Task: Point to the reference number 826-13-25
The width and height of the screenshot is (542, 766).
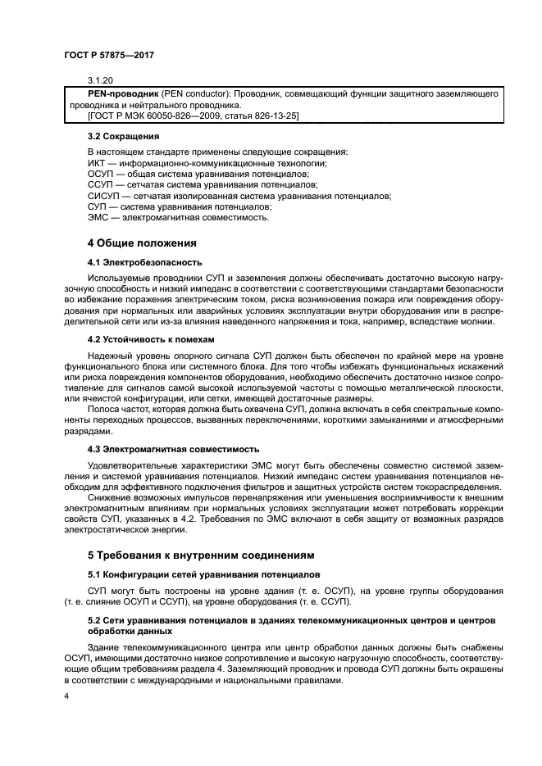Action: click(268, 116)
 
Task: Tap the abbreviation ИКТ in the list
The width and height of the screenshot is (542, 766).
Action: click(98, 163)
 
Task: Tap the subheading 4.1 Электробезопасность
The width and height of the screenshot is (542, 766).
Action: click(144, 263)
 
